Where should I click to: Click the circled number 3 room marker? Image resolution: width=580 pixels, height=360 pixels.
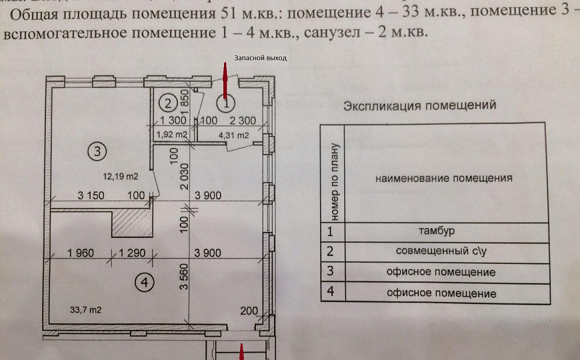pos(97,151)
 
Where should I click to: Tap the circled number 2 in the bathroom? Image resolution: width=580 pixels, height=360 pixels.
pos(169,103)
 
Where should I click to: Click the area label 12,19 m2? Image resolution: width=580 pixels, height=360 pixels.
pos(120,177)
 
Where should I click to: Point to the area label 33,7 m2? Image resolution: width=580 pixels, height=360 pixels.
pos(85,309)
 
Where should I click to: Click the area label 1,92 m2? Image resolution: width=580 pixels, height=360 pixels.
pos(170,135)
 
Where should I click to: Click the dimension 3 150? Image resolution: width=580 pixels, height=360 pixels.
pos(93,195)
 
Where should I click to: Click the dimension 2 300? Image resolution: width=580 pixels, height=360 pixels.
pos(243,121)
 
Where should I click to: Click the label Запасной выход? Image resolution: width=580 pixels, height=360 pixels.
pos(259,58)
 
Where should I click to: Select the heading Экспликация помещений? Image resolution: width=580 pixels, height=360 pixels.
pos(419,105)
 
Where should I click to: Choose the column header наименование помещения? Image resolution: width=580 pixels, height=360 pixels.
pos(443,178)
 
